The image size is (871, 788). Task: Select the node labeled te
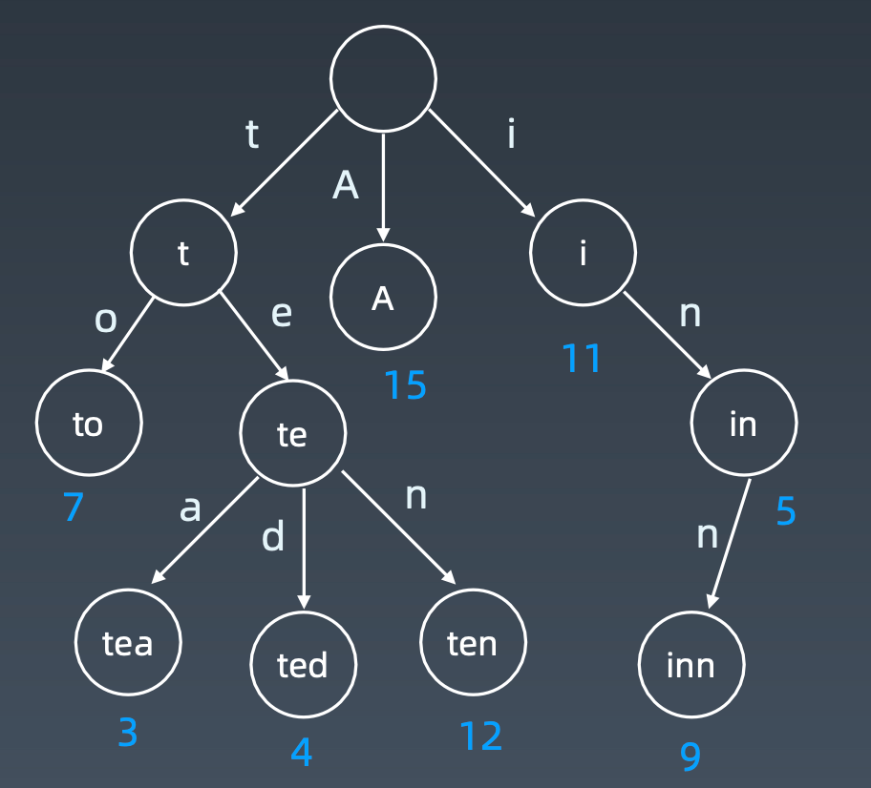pyautogui.click(x=292, y=434)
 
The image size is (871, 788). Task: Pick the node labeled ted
pyautogui.click(x=303, y=664)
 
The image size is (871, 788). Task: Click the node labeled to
pyautogui.click(x=88, y=424)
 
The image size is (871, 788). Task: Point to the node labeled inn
pyautogui.click(x=690, y=664)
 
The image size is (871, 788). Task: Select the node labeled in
pyautogui.click(x=743, y=423)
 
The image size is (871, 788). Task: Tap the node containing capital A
pyautogui.click(x=383, y=298)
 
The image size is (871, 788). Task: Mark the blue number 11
pyautogui.click(x=582, y=359)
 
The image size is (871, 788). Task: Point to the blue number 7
pyautogui.click(x=74, y=507)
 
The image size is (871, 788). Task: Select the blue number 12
pyautogui.click(x=480, y=736)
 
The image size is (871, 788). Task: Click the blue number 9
pyautogui.click(x=690, y=757)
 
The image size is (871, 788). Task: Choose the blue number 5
pyautogui.click(x=785, y=512)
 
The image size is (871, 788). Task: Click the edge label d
pyautogui.click(x=273, y=537)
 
